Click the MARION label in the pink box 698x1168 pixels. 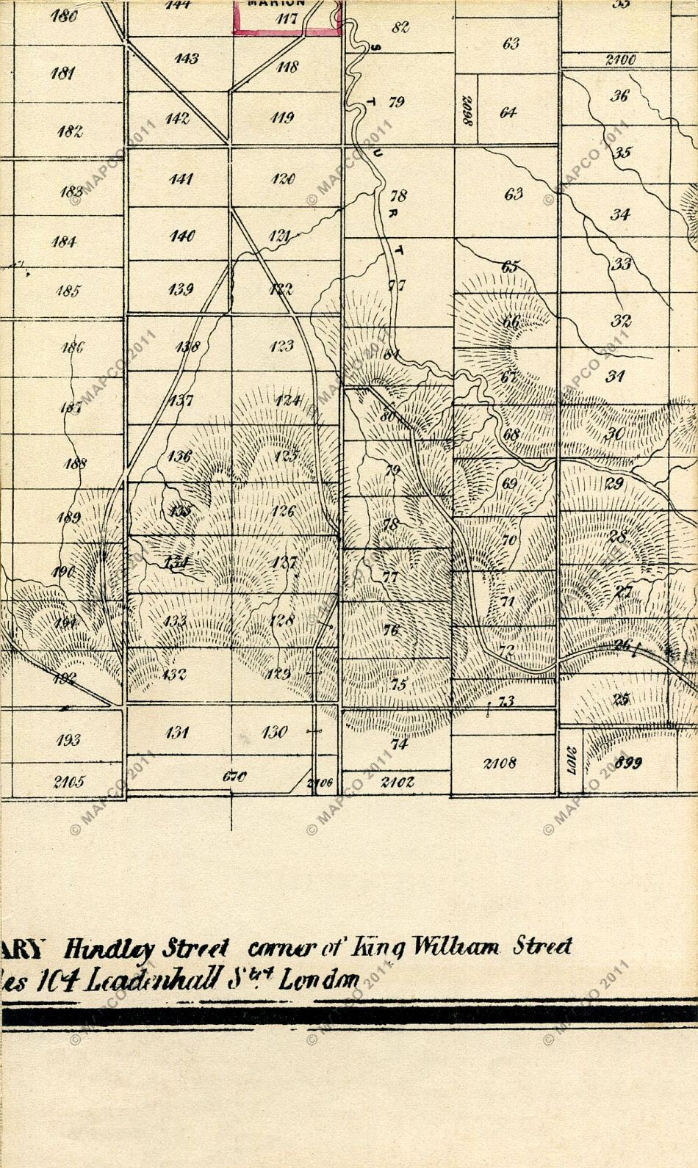[287, 4]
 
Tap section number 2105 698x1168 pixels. [68, 781]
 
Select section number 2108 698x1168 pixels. [500, 763]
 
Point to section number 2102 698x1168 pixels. [397, 782]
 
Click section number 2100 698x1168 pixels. [620, 60]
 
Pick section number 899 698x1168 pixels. [627, 763]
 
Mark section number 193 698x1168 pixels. [68, 740]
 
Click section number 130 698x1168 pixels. [274, 732]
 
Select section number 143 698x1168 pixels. [187, 58]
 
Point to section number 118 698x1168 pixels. [287, 67]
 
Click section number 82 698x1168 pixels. [400, 28]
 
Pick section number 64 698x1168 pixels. [508, 112]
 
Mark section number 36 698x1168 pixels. [619, 96]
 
